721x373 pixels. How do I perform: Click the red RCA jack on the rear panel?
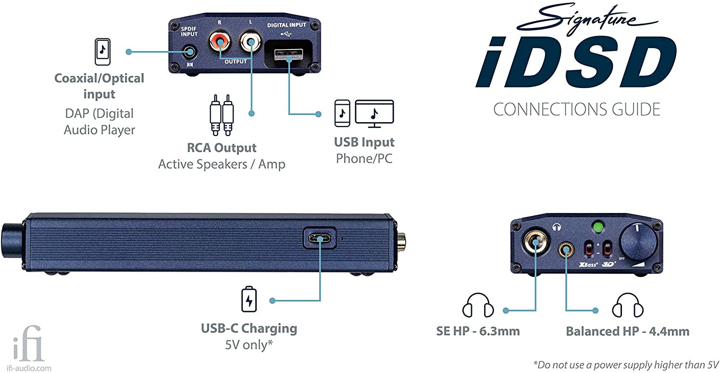click(x=220, y=41)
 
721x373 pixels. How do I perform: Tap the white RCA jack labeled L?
click(x=251, y=41)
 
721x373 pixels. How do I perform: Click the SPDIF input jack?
click(x=189, y=52)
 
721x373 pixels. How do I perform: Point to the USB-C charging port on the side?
click(x=320, y=238)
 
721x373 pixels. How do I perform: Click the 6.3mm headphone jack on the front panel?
click(x=535, y=242)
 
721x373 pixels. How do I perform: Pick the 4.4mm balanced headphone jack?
click(x=566, y=249)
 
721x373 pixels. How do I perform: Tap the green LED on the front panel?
click(x=598, y=227)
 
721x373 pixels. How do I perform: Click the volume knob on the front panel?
click(x=639, y=242)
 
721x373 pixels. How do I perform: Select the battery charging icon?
click(x=249, y=299)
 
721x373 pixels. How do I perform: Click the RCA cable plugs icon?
click(x=222, y=115)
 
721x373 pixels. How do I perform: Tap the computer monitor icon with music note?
click(x=374, y=113)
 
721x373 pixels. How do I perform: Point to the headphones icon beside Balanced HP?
click(x=628, y=305)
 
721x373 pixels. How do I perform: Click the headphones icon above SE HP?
click(x=478, y=305)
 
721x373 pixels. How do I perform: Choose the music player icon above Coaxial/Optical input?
click(x=102, y=51)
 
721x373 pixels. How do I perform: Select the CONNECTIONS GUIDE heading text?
click(x=576, y=110)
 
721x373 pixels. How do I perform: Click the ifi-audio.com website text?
click(x=29, y=368)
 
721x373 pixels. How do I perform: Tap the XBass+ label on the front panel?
click(x=588, y=264)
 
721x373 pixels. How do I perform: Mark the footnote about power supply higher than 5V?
click(x=626, y=365)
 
